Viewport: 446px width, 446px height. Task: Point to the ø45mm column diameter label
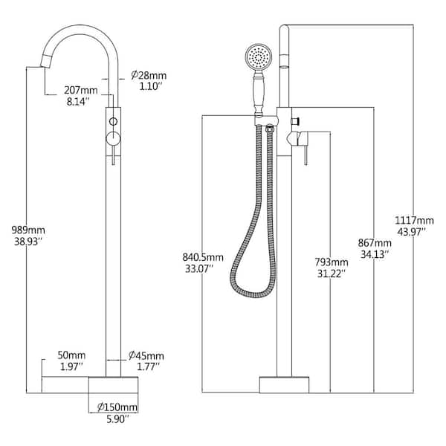[x=146, y=355]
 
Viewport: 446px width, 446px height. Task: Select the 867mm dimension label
[x=374, y=243]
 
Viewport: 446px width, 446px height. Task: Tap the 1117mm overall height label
[x=416, y=221]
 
